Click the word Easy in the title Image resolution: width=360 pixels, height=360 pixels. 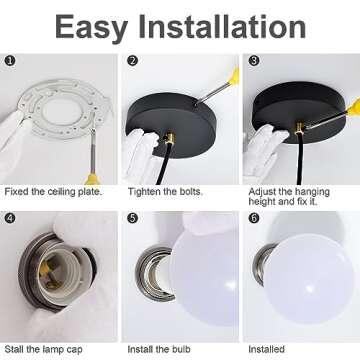pyautogui.click(x=92, y=28)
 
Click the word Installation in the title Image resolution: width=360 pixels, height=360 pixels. pyautogui.click(x=222, y=26)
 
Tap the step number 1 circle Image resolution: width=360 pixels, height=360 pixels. pyautogui.click(x=11, y=61)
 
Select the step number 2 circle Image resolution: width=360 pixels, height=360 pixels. pyautogui.click(x=133, y=61)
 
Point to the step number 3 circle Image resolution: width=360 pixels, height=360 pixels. pyautogui.click(x=254, y=61)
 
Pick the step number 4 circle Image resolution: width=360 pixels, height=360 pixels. pyautogui.click(x=11, y=218)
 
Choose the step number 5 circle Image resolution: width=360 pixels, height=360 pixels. pyautogui.click(x=133, y=218)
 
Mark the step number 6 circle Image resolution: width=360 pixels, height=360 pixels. pyautogui.click(x=254, y=218)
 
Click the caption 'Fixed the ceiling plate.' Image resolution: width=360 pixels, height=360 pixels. pyautogui.click(x=53, y=192)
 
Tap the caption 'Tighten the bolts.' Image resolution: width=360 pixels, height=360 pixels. pyautogui.click(x=165, y=192)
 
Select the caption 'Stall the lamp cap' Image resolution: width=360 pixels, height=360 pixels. pyautogui.click(x=43, y=349)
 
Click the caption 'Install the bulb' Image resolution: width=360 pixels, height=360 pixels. pyautogui.click(x=159, y=349)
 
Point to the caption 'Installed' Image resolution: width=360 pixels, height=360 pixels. pyautogui.click(x=266, y=349)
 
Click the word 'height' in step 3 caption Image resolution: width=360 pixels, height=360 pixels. pyautogui.click(x=263, y=202)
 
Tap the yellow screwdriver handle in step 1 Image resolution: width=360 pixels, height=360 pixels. pyautogui.click(x=92, y=179)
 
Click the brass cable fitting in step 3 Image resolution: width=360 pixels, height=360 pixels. pyautogui.click(x=299, y=128)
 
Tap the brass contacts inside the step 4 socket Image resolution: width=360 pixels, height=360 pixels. pyautogui.click(x=51, y=271)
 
